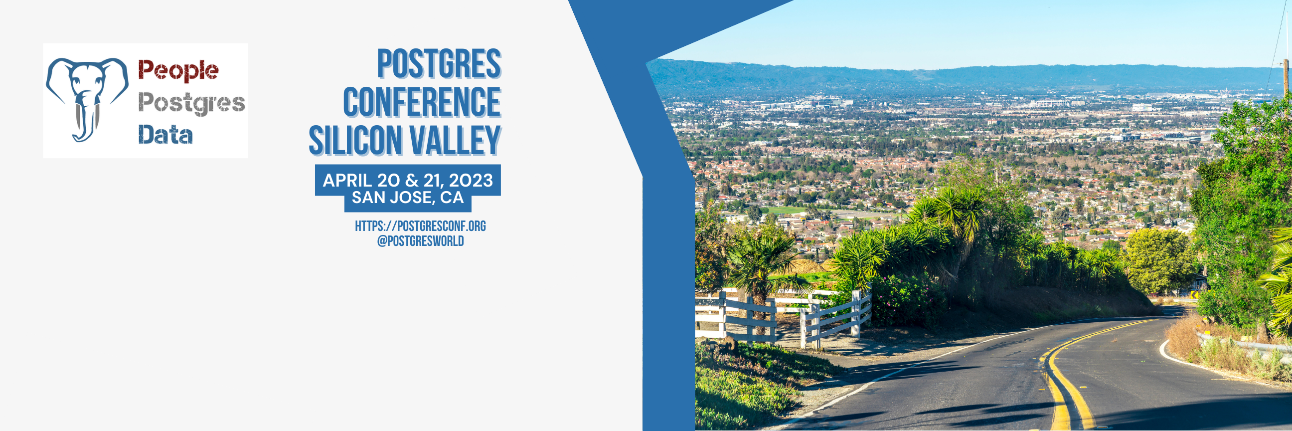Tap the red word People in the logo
tap(178, 71)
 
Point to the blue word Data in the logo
tap(165, 135)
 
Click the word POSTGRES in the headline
tap(439, 64)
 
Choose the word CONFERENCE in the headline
tap(422, 102)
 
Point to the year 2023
tap(471, 180)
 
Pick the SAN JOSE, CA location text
tap(408, 198)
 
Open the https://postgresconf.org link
tap(420, 226)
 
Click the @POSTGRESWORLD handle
tap(420, 241)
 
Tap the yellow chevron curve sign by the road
tap(1195, 294)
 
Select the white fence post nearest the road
tap(856, 313)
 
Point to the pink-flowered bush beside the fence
tap(903, 301)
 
